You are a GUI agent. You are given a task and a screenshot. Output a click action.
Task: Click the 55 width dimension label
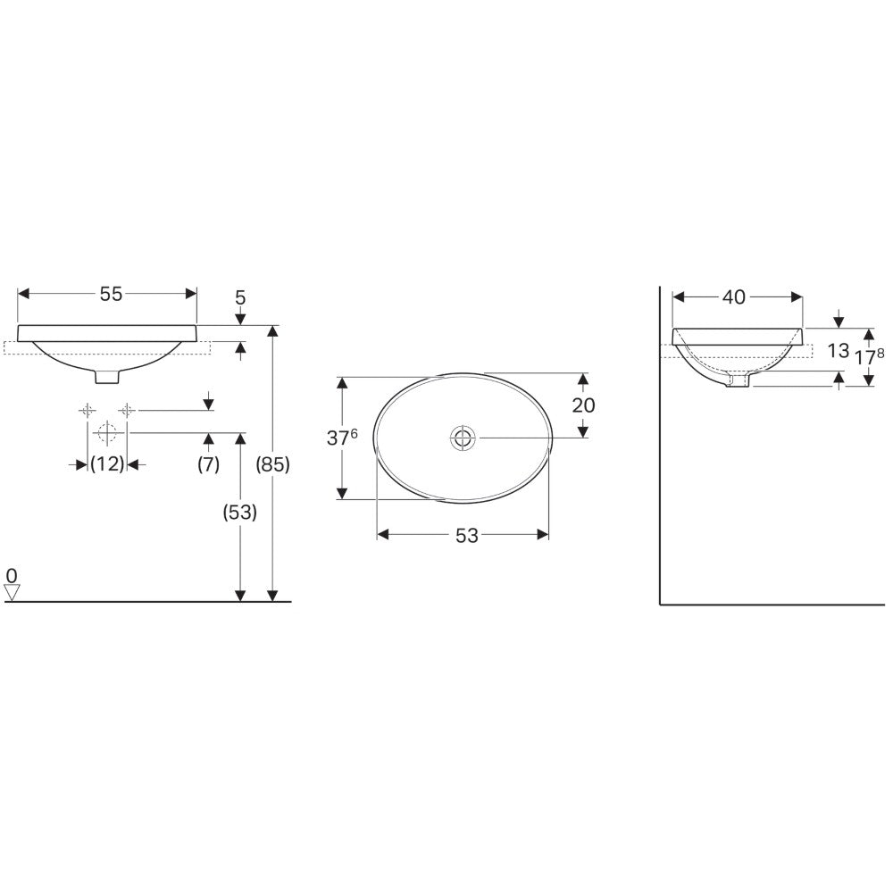(111, 294)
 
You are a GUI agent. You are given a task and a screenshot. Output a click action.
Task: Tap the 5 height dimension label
(240, 297)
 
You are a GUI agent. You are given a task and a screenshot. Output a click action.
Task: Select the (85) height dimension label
(273, 464)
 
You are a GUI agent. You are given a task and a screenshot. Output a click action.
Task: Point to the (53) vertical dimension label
(239, 513)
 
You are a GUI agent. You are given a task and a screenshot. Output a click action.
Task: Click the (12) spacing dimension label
(107, 464)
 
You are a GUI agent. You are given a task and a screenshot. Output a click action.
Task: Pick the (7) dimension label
(208, 464)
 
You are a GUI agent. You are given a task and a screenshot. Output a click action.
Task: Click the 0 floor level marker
(12, 576)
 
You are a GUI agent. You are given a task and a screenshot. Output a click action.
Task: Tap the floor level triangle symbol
(12, 593)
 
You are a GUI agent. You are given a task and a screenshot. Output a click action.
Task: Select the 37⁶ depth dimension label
(342, 437)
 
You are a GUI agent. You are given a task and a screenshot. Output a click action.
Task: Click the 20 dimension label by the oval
(583, 405)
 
